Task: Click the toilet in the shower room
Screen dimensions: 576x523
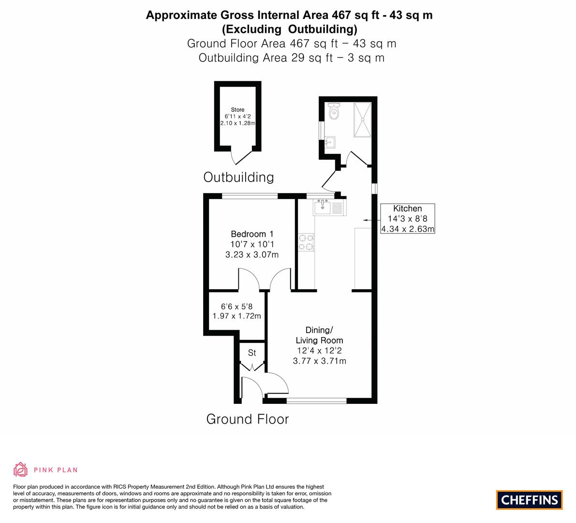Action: click(x=334, y=111)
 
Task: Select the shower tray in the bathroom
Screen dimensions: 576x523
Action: click(x=363, y=120)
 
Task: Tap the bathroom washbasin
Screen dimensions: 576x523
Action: click(x=330, y=142)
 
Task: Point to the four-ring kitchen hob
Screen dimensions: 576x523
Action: click(x=306, y=243)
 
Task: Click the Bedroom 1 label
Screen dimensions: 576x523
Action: click(x=252, y=234)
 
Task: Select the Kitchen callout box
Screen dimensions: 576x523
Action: click(x=407, y=218)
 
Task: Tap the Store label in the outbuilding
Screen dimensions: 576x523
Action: click(x=237, y=109)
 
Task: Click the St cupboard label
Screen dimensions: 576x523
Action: click(x=252, y=353)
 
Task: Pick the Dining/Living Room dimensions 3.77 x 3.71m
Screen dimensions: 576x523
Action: click(x=320, y=361)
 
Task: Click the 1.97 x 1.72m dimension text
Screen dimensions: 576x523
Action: click(x=237, y=316)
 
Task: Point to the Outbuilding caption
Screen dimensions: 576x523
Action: click(x=239, y=177)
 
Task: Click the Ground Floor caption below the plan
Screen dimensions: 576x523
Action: click(x=248, y=419)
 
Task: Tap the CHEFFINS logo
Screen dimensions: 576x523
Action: click(x=530, y=500)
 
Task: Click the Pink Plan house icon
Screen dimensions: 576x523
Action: click(x=21, y=469)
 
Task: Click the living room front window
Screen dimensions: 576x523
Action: click(x=317, y=400)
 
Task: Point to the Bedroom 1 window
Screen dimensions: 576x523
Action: click(x=250, y=196)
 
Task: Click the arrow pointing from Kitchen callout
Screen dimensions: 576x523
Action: click(x=371, y=220)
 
